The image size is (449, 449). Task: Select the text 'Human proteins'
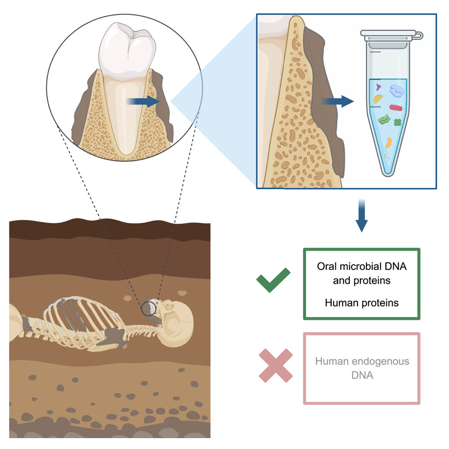tap(362, 302)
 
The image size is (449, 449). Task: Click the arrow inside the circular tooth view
tap(143, 102)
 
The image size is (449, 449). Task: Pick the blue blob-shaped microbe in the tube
tap(399, 92)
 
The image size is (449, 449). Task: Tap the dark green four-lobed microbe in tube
tap(397, 122)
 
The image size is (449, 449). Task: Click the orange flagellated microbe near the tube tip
tap(389, 144)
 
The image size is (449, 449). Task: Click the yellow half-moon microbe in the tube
tap(380, 98)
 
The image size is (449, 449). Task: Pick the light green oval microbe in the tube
tap(384, 119)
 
